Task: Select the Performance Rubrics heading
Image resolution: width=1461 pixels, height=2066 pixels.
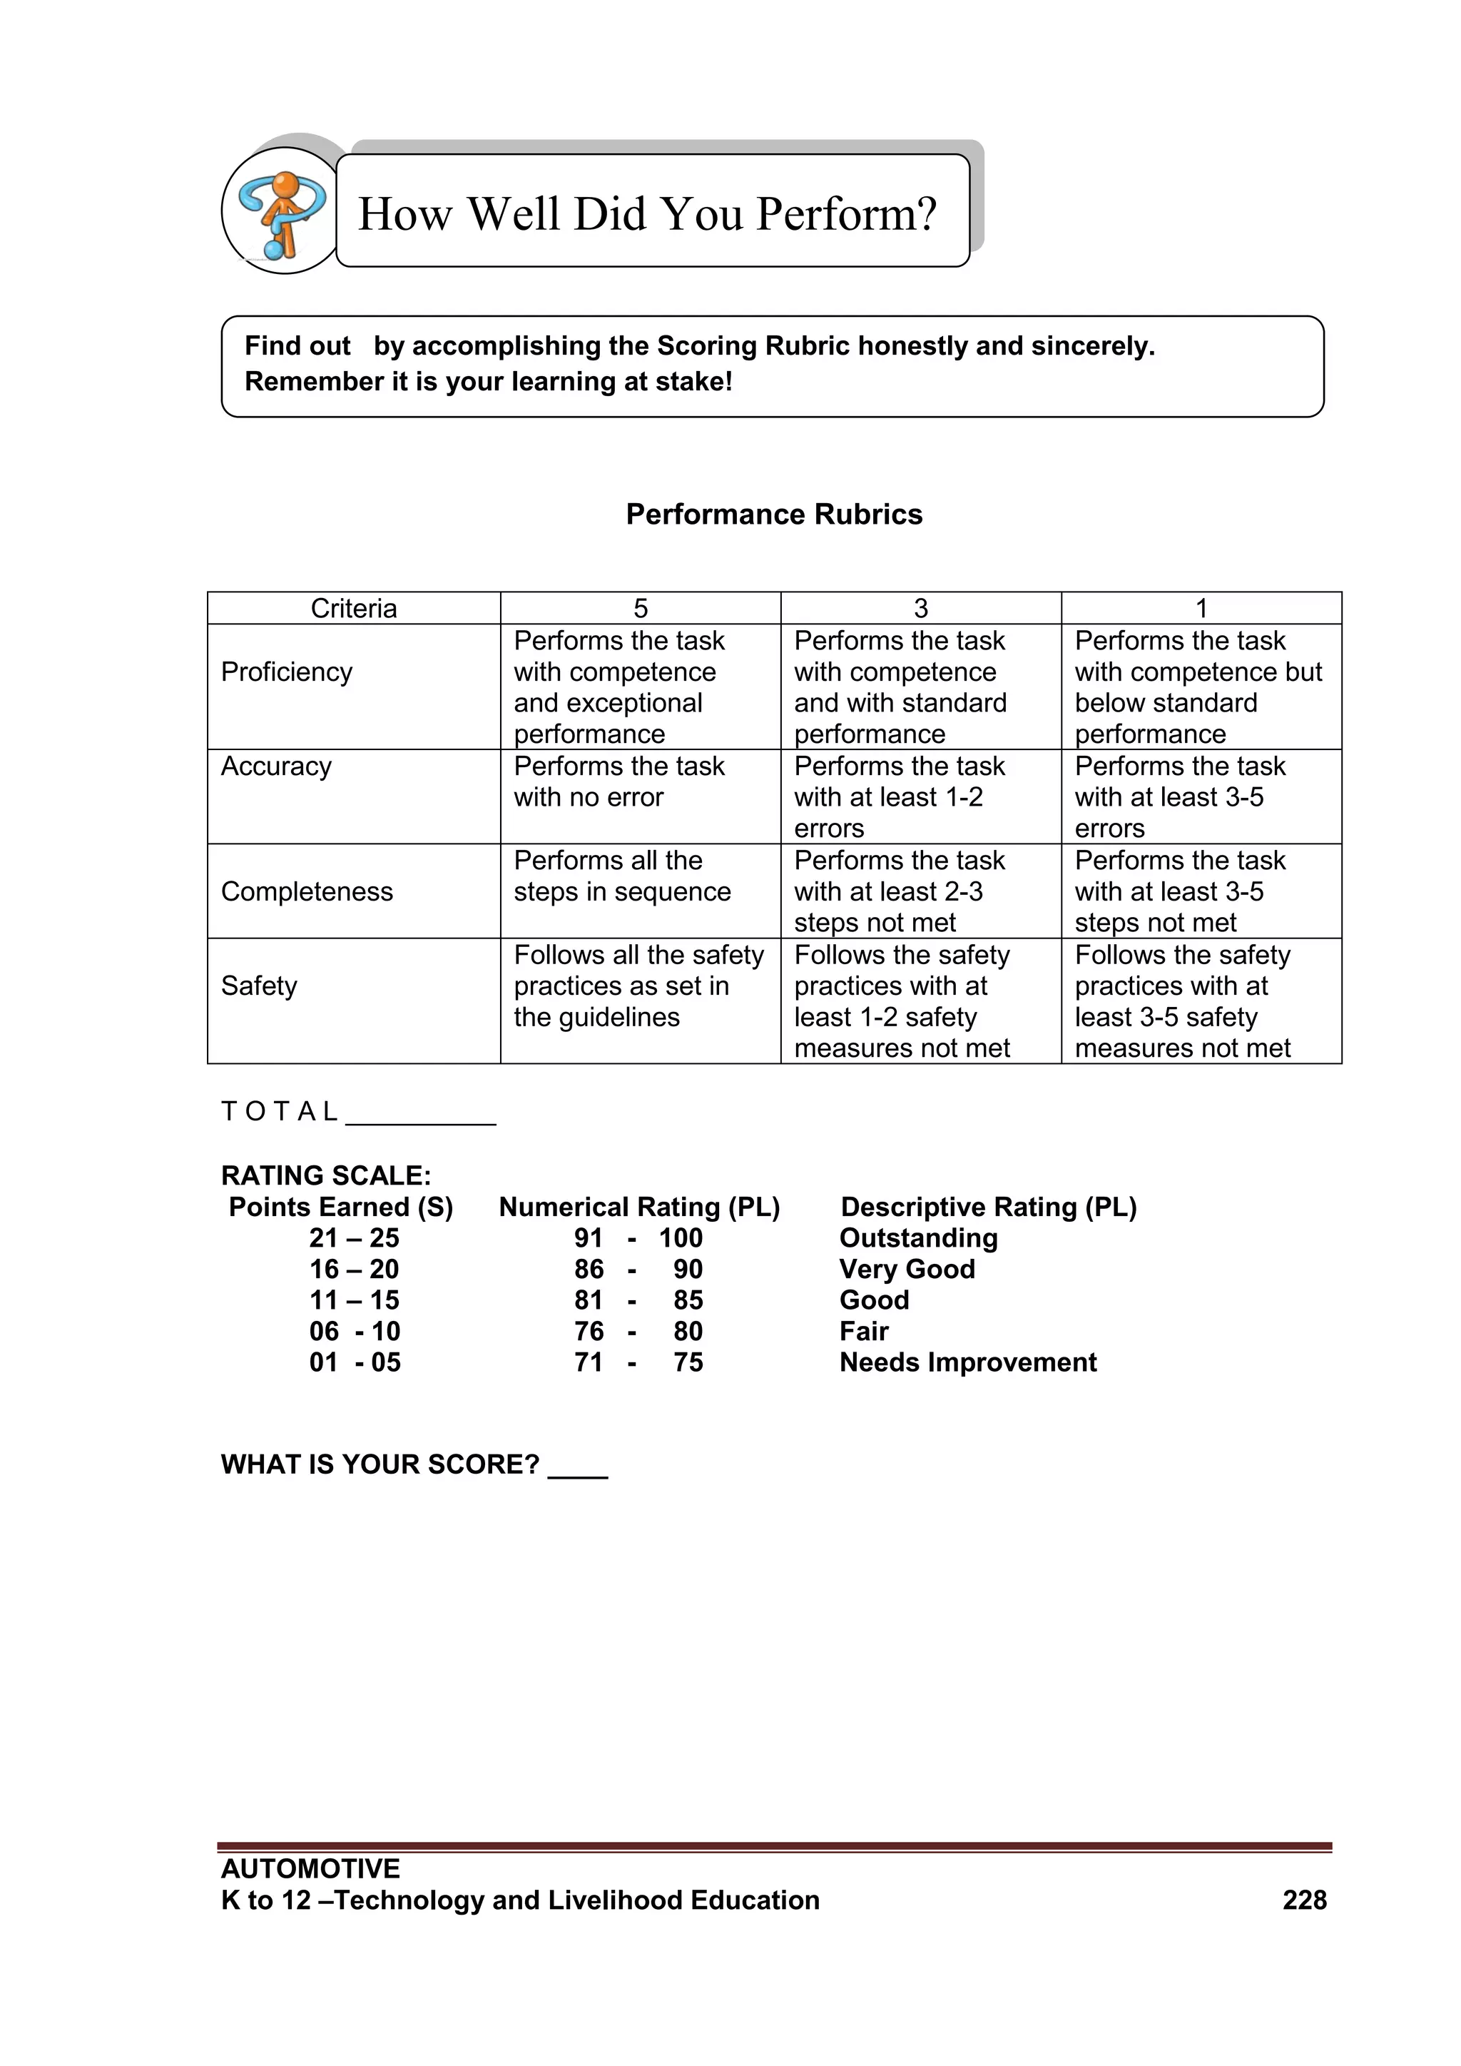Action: pyautogui.click(x=774, y=514)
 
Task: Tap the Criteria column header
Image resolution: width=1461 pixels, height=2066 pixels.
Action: pyautogui.click(x=354, y=608)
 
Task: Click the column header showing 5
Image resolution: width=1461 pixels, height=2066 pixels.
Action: pyautogui.click(x=640, y=608)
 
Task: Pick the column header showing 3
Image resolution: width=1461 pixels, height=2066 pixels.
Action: pyautogui.click(x=920, y=608)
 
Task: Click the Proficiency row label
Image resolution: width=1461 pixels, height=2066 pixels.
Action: pyautogui.click(x=286, y=672)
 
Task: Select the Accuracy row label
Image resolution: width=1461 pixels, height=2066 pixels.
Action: pyautogui.click(x=276, y=766)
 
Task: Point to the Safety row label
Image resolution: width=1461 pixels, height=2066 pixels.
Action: pyautogui.click(x=258, y=986)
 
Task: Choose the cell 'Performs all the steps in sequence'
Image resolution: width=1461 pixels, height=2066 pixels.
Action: pyautogui.click(x=621, y=876)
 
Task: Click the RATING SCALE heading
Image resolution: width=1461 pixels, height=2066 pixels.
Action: pyautogui.click(x=326, y=1175)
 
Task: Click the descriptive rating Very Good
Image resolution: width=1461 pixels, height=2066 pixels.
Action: pyautogui.click(x=907, y=1269)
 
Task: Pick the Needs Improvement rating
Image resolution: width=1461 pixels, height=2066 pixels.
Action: pyautogui.click(x=967, y=1362)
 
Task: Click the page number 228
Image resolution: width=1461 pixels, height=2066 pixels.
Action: pyautogui.click(x=1303, y=1900)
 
